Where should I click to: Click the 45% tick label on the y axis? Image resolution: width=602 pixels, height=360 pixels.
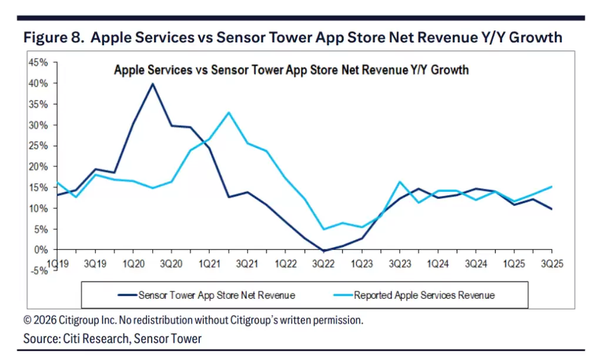[x=39, y=62]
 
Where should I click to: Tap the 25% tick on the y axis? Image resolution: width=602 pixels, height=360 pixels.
[x=39, y=146]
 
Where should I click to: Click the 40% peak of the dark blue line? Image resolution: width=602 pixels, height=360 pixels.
[x=153, y=84]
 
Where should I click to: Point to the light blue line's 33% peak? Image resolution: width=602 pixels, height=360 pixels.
[x=229, y=112]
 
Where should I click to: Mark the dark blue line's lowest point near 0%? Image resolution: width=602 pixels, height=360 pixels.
[x=323, y=251]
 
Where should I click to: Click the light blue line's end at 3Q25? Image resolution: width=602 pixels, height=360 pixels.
[x=551, y=187]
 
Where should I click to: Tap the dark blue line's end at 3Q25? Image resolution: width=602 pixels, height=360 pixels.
[x=551, y=209]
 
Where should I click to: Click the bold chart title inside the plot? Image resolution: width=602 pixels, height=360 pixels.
[x=291, y=70]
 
